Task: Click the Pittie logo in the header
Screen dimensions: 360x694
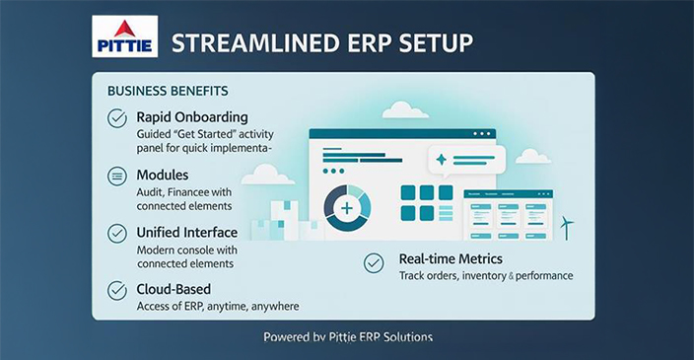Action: click(123, 37)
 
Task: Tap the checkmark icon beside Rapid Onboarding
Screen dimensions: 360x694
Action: click(117, 118)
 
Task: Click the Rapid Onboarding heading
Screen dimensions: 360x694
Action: click(192, 117)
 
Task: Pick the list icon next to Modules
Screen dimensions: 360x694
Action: click(117, 177)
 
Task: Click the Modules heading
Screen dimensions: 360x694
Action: click(163, 175)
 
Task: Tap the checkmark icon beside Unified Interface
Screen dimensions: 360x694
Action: click(117, 234)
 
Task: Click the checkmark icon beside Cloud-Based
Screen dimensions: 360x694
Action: click(117, 290)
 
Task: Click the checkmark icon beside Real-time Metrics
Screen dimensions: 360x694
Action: click(374, 262)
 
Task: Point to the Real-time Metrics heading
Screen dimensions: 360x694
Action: click(451, 259)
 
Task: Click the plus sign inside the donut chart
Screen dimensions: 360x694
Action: click(347, 208)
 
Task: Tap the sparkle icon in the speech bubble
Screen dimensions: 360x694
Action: click(441, 159)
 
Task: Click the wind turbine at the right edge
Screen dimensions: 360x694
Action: click(567, 227)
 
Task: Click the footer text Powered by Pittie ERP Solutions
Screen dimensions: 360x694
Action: click(347, 337)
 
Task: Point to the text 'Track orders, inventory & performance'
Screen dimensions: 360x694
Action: click(486, 276)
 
